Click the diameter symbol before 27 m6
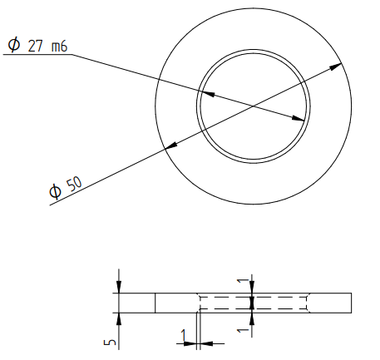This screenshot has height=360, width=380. pyautogui.click(x=14, y=45)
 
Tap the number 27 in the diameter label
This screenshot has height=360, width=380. pyautogui.click(x=35, y=46)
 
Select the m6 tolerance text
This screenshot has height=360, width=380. pyautogui.click(x=59, y=46)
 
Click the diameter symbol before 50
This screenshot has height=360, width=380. pyautogui.click(x=56, y=191)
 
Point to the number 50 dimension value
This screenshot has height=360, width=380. pyautogui.click(x=75, y=184)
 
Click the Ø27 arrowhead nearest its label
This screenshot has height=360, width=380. pyautogui.click(x=207, y=94)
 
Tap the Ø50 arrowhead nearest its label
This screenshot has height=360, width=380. pyautogui.click(x=171, y=145)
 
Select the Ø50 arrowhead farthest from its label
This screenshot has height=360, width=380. pyautogui.click(x=335, y=67)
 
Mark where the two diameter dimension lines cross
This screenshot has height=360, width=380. pyautogui.click(x=253, y=106)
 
